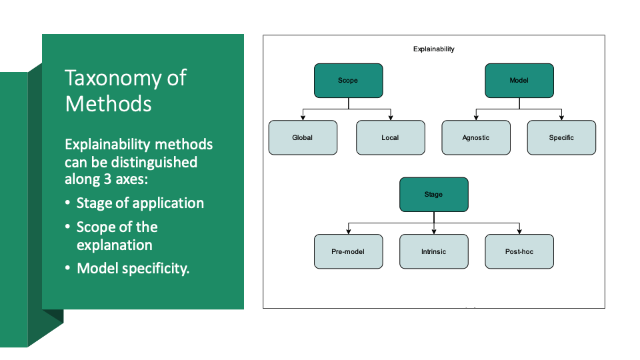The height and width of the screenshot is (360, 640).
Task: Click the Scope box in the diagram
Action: point(348,81)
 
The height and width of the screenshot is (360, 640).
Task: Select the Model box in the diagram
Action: point(519,81)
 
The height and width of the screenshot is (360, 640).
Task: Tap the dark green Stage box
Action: point(433,195)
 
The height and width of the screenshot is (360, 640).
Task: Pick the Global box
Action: point(303,138)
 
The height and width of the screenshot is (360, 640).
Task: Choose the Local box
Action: point(390,138)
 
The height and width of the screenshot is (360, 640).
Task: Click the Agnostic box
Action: point(476,138)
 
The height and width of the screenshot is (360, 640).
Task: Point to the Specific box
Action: point(561,138)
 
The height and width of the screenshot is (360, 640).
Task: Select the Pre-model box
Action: point(348,252)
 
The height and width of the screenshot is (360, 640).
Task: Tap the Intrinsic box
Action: point(433,252)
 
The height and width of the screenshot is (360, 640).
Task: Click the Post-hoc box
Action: point(519,252)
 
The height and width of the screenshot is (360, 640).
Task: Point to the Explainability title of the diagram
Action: point(433,49)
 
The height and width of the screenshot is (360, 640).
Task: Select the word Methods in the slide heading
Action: point(108,104)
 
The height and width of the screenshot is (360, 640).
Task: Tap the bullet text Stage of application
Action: point(140,203)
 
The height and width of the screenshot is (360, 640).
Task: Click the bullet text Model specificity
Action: point(133,269)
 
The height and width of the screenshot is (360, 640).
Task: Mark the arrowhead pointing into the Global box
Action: point(303,117)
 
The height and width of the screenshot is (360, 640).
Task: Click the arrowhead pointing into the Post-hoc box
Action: point(519,231)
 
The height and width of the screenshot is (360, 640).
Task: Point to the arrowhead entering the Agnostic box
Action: point(476,117)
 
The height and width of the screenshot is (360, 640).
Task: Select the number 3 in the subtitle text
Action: point(123,179)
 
